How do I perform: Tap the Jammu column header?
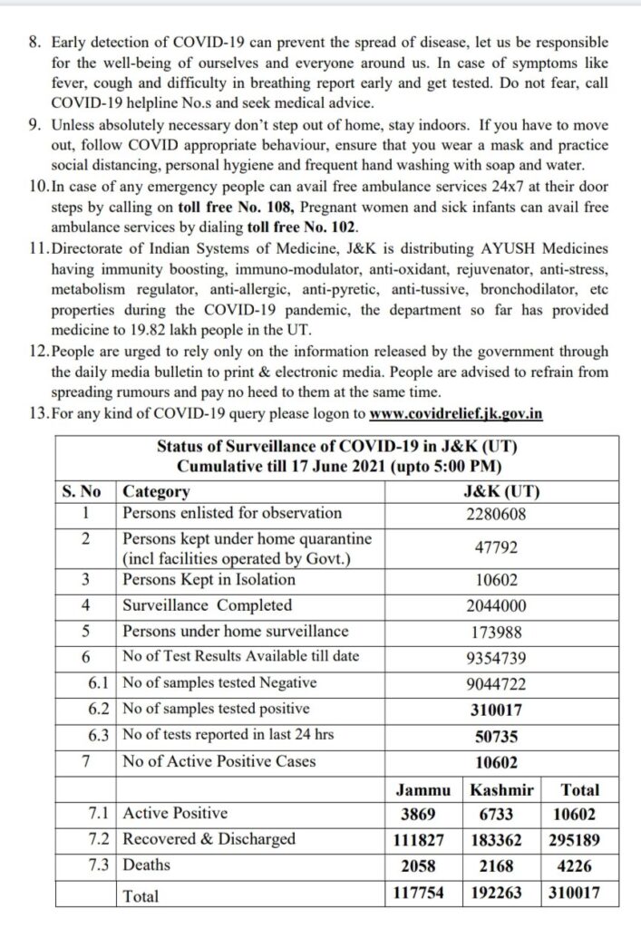(x=425, y=789)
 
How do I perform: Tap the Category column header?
(x=156, y=492)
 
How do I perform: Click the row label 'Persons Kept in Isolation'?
(x=209, y=580)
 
